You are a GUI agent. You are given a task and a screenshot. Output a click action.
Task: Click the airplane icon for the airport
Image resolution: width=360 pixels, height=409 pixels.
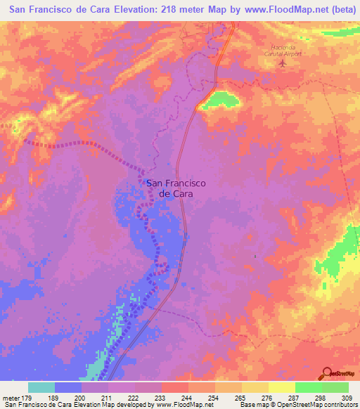click(x=283, y=63)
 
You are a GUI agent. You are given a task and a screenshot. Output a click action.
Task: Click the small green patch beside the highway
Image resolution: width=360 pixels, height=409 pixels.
click(x=219, y=100)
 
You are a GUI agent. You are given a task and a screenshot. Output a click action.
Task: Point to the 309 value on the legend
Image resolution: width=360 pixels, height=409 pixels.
click(x=348, y=397)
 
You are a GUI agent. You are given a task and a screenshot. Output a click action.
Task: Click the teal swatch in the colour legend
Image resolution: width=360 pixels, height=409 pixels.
click(x=41, y=387)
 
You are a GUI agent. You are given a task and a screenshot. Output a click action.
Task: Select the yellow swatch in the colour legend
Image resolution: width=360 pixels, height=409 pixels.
click(x=282, y=387)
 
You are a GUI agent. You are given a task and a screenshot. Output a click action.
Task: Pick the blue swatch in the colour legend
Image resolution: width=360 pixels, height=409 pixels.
click(x=68, y=387)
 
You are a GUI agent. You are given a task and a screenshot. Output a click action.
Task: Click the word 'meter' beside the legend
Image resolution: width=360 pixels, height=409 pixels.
click(x=11, y=397)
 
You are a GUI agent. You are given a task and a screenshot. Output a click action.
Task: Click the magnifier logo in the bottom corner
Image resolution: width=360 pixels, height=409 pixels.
click(x=327, y=372)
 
